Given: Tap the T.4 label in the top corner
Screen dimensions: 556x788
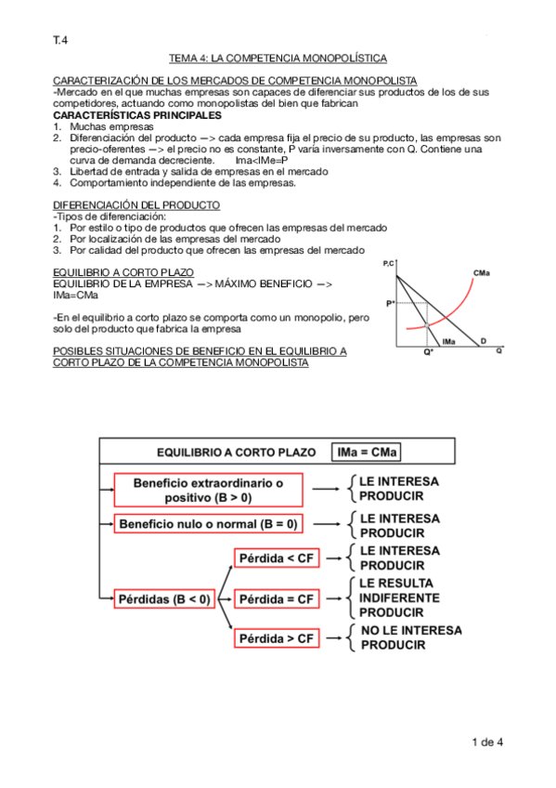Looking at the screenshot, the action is point(59,40).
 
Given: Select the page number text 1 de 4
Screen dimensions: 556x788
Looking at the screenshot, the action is point(486,742).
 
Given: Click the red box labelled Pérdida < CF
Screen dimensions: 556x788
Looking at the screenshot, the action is point(278,558).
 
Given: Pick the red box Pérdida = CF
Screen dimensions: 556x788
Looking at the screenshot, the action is point(278,598).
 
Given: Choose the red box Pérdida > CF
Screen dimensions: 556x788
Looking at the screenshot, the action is point(278,638).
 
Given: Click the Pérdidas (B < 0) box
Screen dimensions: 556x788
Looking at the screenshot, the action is point(164,598).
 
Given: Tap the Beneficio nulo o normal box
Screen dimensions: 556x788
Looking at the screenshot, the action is point(209,523).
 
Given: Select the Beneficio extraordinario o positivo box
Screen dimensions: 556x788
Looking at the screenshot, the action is point(208,490).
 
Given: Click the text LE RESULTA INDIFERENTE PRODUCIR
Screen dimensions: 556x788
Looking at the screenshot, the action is point(399,598).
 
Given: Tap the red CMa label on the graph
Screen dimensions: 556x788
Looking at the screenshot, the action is point(481,272).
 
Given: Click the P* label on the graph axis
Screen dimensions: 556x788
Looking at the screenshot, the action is point(391,304).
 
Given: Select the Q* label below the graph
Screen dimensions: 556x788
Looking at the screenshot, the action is point(427,353).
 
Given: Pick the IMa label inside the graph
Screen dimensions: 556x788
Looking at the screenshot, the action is point(448,341).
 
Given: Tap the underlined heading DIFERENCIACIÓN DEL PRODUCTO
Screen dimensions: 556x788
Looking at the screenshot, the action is point(136,204).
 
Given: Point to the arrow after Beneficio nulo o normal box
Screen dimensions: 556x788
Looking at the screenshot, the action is point(325,523).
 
